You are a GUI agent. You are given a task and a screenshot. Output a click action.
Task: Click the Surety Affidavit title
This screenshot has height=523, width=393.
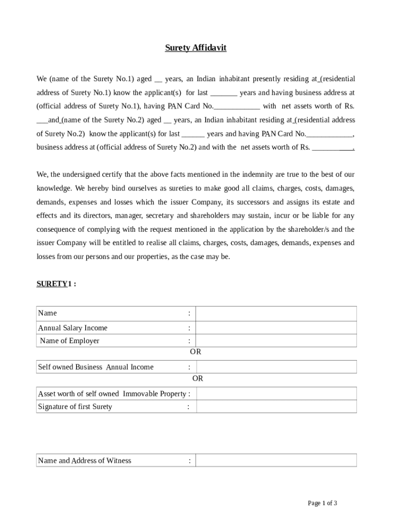pos(195,48)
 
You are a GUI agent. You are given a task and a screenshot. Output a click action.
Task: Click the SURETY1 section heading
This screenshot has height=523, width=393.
pos(56,283)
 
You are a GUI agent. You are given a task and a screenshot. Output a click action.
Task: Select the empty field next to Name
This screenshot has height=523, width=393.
pos(276,314)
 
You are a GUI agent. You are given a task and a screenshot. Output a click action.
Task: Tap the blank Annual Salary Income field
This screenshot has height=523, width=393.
pos(276,328)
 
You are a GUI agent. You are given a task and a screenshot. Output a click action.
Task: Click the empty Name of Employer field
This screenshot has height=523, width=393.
pos(276,341)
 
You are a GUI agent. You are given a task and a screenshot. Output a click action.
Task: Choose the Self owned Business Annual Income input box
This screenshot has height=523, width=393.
pos(276,367)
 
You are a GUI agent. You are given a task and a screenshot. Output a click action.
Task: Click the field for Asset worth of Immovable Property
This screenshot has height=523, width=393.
pos(276,393)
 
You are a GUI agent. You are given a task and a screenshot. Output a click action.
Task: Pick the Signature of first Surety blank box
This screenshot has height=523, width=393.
pos(276,407)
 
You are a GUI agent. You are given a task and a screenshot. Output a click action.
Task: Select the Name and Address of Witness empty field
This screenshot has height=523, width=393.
pos(276,460)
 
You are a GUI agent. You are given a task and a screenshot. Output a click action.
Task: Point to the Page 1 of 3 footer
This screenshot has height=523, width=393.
pos(322,503)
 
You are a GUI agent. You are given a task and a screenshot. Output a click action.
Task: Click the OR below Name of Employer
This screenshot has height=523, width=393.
pos(195,352)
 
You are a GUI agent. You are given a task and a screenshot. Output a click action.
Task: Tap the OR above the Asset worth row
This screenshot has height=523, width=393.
pos(198,378)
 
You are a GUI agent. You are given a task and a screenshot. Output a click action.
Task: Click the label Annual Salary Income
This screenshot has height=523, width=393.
pos(72,328)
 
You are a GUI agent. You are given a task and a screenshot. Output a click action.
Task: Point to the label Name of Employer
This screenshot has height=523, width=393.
pos(69,341)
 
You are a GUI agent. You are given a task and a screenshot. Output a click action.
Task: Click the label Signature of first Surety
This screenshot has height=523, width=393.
pos(75,407)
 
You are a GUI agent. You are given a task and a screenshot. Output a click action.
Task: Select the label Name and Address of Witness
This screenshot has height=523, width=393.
pos(84,461)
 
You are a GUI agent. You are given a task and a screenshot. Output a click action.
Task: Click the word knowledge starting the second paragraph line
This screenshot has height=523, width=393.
pos(54,188)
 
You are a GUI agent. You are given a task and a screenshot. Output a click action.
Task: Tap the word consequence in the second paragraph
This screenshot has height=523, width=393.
pos(57,229)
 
